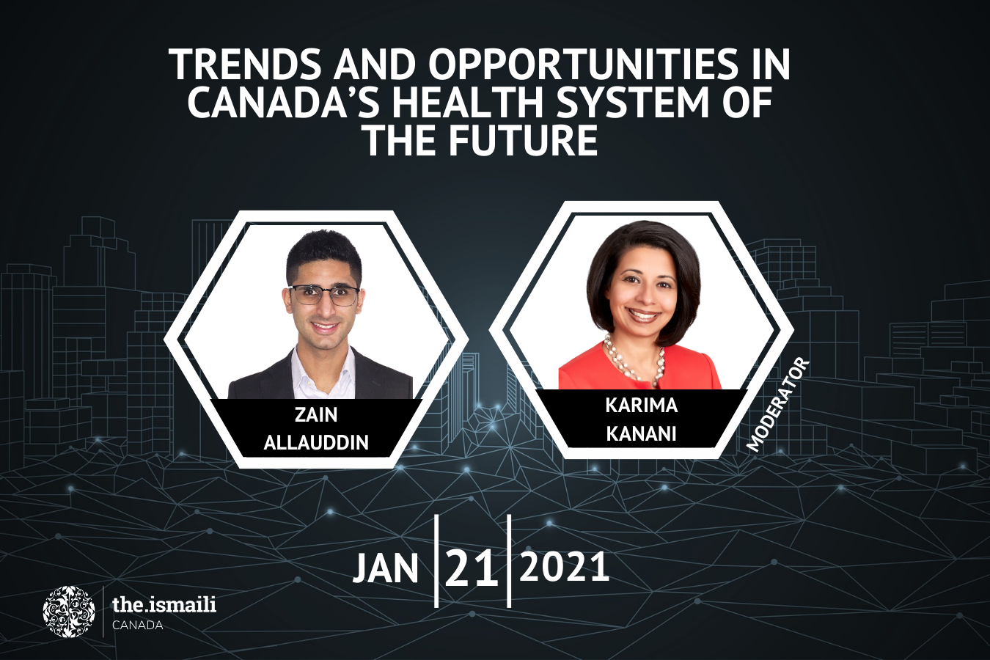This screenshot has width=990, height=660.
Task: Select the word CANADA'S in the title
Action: coord(283,103)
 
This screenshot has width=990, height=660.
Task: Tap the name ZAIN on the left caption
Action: coord(316,414)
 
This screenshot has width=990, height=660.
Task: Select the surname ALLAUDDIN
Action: coord(316,442)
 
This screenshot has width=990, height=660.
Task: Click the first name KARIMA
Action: coord(642,406)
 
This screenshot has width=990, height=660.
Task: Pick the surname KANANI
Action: coord(641,433)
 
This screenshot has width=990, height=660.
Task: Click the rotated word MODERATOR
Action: coord(778,405)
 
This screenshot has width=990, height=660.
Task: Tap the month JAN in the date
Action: coord(386,569)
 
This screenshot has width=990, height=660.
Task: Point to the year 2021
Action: coord(564,566)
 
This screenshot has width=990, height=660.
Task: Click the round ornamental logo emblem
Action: coord(69,612)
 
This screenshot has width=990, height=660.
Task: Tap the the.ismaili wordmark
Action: coord(164,604)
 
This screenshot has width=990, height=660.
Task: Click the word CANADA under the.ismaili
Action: coord(137,626)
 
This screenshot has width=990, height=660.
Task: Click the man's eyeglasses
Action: coord(323,295)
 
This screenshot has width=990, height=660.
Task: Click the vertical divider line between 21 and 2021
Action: coord(510,561)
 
